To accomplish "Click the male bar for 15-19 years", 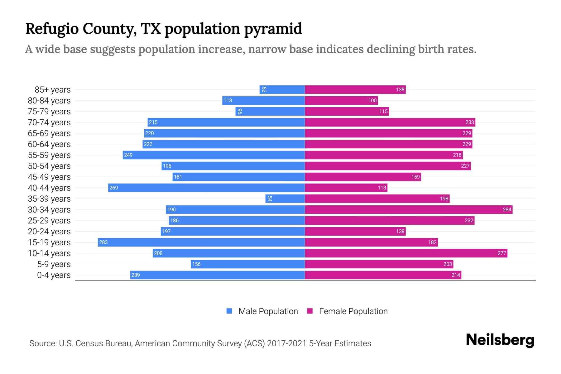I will (x=201, y=242).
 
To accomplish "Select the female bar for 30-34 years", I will (x=409, y=209).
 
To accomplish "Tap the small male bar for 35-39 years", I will (x=285, y=199).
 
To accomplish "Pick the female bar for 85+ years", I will (x=355, y=89).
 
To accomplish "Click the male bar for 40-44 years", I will (x=206, y=188).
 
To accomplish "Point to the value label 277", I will (x=501, y=253).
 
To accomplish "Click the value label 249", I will (x=128, y=155).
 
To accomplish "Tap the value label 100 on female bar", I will (x=372, y=100).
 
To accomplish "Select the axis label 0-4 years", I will (x=54, y=275).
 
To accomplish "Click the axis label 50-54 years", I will (x=49, y=166).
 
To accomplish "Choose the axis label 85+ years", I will (x=52, y=90).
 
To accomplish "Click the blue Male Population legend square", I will (x=229, y=311).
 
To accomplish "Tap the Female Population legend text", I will (x=353, y=311).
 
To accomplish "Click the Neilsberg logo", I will (x=500, y=340).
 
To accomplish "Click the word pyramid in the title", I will (x=273, y=29).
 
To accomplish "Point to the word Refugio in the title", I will (x=52, y=29).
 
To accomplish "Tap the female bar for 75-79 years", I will (x=347, y=111).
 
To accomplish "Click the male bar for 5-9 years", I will (x=248, y=264).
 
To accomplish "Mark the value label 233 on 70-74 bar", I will (x=469, y=122).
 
